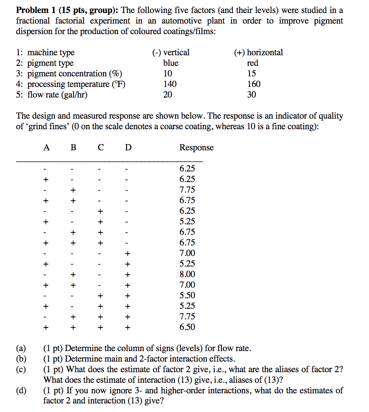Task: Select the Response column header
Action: pyautogui.click(x=196, y=147)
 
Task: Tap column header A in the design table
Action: pyautogui.click(x=47, y=147)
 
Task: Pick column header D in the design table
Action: pyautogui.click(x=128, y=147)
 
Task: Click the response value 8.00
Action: pyautogui.click(x=187, y=274)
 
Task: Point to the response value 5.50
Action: pyautogui.click(x=187, y=295)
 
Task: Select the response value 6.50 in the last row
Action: pyautogui.click(x=187, y=327)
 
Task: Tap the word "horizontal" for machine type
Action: pyautogui.click(x=265, y=52)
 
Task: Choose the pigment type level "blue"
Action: pyautogui.click(x=171, y=63)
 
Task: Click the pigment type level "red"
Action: pyautogui.click(x=252, y=63)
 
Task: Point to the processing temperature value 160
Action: pyautogui.click(x=254, y=84)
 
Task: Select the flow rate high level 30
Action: pyautogui.click(x=251, y=95)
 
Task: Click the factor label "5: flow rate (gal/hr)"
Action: pyautogui.click(x=52, y=95)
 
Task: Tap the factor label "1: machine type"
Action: pyautogui.click(x=45, y=52)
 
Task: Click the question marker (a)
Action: pyautogui.click(x=21, y=349)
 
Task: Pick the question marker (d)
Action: pyautogui.click(x=21, y=391)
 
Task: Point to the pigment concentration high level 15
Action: pyautogui.click(x=251, y=74)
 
